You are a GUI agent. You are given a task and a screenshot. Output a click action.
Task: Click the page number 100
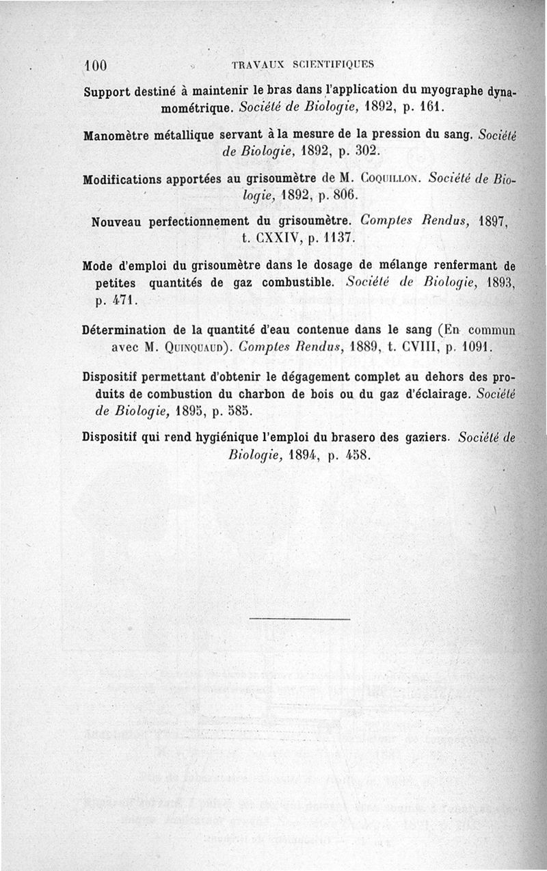96,66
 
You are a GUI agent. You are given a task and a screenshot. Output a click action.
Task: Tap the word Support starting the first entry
109,93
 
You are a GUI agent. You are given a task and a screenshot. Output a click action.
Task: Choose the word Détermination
123,330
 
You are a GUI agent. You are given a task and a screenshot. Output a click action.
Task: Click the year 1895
192,412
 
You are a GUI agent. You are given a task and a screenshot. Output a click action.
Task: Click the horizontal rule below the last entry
299,619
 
